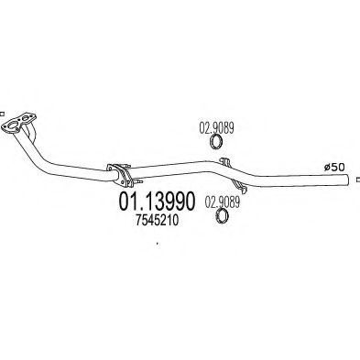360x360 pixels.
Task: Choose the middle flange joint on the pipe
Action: [x=119, y=173]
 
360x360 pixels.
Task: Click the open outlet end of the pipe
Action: [x=347, y=183]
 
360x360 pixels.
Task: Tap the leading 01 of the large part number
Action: [x=126, y=200]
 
